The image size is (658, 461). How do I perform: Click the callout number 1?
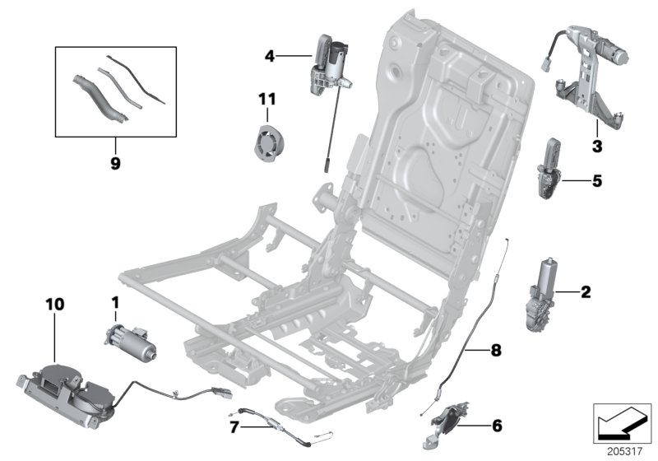(114, 303)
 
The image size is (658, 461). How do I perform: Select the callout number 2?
(586, 291)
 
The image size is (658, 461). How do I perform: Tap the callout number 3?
(597, 147)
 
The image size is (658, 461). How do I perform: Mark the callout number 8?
(495, 351)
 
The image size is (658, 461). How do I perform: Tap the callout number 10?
(54, 304)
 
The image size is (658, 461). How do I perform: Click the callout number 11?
(266, 100)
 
